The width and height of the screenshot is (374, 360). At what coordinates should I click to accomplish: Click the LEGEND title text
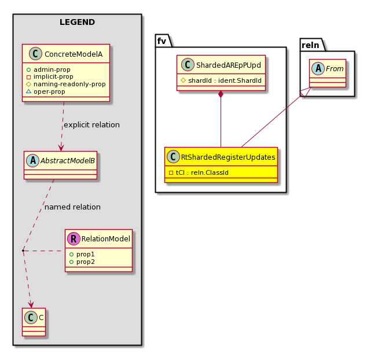[77, 23]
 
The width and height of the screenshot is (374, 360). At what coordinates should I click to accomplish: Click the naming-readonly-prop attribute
[69, 84]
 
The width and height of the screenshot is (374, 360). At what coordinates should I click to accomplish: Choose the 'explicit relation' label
[91, 124]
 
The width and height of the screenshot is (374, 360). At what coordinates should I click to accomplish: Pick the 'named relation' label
[72, 207]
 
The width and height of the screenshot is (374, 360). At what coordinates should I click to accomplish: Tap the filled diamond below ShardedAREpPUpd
[221, 95]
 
